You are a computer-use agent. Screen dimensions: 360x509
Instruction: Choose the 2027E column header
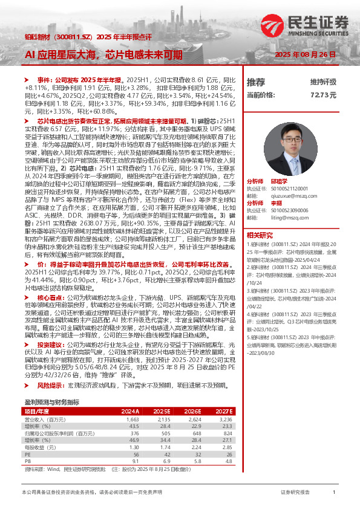223,410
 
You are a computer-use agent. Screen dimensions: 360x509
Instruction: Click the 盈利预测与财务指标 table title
51,401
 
